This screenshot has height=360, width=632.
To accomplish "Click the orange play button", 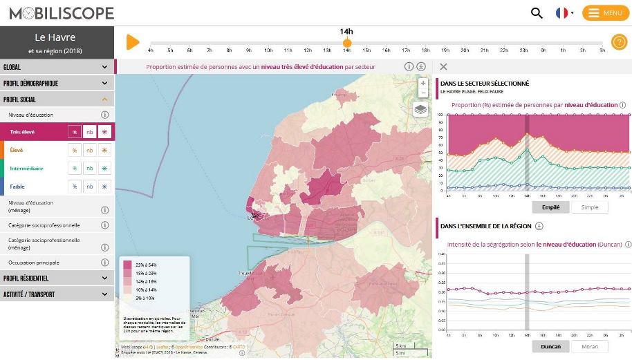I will (133, 42).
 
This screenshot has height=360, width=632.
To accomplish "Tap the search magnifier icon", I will (537, 13).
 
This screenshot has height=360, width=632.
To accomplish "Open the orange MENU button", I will (605, 13).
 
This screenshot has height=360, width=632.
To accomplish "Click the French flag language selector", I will (564, 13).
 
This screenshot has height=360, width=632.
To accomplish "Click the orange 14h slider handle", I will (347, 43).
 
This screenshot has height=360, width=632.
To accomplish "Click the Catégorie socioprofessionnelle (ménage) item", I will (44, 243).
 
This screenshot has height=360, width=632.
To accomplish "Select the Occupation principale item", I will (34, 263).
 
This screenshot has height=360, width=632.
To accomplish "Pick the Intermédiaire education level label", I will (27, 168).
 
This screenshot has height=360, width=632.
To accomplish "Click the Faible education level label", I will (17, 187).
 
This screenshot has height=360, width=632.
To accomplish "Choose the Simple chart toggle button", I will (590, 207).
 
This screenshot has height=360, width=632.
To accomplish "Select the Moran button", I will (590, 347).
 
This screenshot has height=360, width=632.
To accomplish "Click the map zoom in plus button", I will (423, 84).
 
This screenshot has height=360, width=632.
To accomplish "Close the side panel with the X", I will (443, 67).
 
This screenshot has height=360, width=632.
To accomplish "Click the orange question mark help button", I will (618, 42).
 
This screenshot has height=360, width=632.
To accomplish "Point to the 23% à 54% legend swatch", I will (128, 265).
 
